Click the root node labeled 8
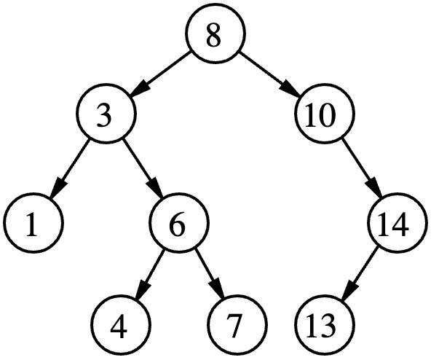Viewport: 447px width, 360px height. (x=215, y=33)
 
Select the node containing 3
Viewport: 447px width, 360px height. (x=106, y=113)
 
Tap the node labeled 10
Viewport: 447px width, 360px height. (x=325, y=113)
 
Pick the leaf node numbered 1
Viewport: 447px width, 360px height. (x=33, y=222)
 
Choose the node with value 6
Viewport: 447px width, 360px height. (x=179, y=222)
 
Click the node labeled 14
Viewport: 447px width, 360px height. (x=397, y=222)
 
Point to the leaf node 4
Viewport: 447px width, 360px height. (x=121, y=325)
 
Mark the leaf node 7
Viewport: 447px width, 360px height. (x=237, y=325)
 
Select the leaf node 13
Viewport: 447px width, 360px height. (x=325, y=325)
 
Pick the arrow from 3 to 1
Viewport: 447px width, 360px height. (x=70, y=168)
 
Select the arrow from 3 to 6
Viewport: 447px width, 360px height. (x=143, y=168)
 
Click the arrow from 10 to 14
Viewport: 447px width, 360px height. (x=362, y=168)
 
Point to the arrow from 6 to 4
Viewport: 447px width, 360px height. (x=150, y=275)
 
